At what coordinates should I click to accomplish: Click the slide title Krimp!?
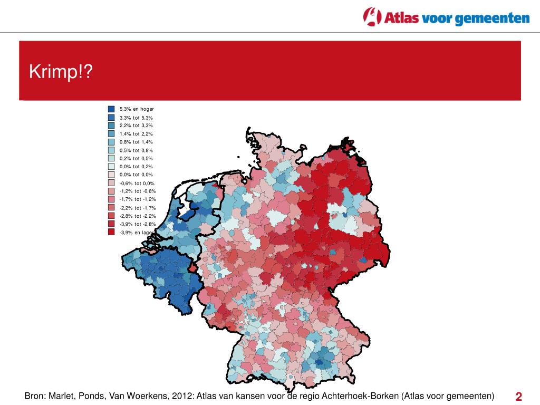pyautogui.click(x=61, y=71)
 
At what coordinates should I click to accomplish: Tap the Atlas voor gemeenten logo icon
pyautogui.click(x=372, y=16)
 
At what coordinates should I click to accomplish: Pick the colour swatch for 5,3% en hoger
pyautogui.click(x=111, y=109)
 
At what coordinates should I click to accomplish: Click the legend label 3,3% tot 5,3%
pyautogui.click(x=136, y=118)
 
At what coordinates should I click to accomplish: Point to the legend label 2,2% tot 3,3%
pyautogui.click(x=136, y=126)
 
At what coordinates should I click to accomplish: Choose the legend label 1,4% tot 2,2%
pyautogui.click(x=136, y=134)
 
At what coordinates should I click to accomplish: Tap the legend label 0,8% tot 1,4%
pyautogui.click(x=136, y=142)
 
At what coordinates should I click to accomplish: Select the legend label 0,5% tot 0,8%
pyautogui.click(x=136, y=150)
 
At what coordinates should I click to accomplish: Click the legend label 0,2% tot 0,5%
pyautogui.click(x=136, y=158)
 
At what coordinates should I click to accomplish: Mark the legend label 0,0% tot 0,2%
pyautogui.click(x=136, y=167)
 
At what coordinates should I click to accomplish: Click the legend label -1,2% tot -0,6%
pyautogui.click(x=138, y=191)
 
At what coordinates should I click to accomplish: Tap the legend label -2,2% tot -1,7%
pyautogui.click(x=138, y=208)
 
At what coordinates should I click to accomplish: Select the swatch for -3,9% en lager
pyautogui.click(x=111, y=232)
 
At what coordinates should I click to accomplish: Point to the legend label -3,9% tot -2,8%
pyautogui.click(x=138, y=224)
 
